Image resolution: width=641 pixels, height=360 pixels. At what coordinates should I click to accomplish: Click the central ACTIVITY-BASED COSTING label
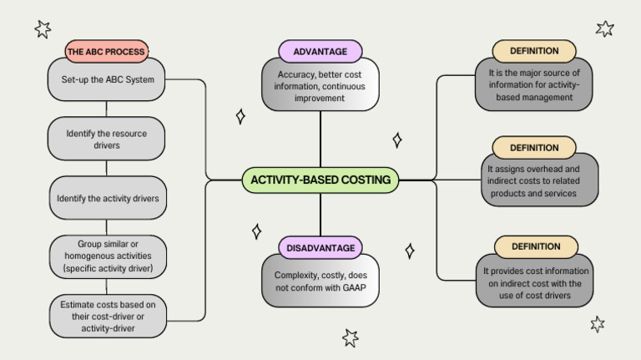click(x=320, y=180)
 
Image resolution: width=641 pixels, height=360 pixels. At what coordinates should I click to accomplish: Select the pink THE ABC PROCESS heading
click(x=106, y=51)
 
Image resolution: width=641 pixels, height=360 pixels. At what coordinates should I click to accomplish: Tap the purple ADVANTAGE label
click(x=320, y=51)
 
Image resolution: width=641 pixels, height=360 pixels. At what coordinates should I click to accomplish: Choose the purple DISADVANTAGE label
click(x=320, y=247)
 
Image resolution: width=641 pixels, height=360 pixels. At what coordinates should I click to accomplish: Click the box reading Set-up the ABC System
click(x=106, y=80)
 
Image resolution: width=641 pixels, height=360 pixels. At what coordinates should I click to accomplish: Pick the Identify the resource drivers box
click(x=106, y=139)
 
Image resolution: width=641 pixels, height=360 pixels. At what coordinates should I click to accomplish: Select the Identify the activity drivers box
click(x=106, y=199)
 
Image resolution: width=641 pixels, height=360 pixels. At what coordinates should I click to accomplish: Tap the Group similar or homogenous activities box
click(x=106, y=257)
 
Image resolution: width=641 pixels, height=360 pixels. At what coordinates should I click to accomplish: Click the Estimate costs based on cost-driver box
click(x=106, y=316)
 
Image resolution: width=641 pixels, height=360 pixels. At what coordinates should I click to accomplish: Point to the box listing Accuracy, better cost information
click(x=320, y=86)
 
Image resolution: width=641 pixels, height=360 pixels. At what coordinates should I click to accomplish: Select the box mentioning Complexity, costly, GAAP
click(x=320, y=281)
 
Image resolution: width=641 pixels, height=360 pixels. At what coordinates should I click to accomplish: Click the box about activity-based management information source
click(x=534, y=85)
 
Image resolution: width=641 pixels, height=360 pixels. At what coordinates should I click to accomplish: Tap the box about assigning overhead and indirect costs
click(x=534, y=180)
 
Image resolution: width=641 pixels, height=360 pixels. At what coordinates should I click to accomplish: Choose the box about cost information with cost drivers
click(x=534, y=282)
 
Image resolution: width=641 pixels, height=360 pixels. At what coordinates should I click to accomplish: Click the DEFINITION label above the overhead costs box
click(x=534, y=148)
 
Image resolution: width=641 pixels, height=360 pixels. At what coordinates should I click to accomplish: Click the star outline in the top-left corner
click(x=43, y=29)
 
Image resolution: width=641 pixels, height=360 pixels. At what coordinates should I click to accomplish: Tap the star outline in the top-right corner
click(x=605, y=28)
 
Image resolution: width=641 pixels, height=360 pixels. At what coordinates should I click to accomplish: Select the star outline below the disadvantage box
click(x=351, y=337)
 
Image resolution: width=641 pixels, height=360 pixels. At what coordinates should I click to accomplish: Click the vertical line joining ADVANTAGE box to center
click(x=320, y=139)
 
